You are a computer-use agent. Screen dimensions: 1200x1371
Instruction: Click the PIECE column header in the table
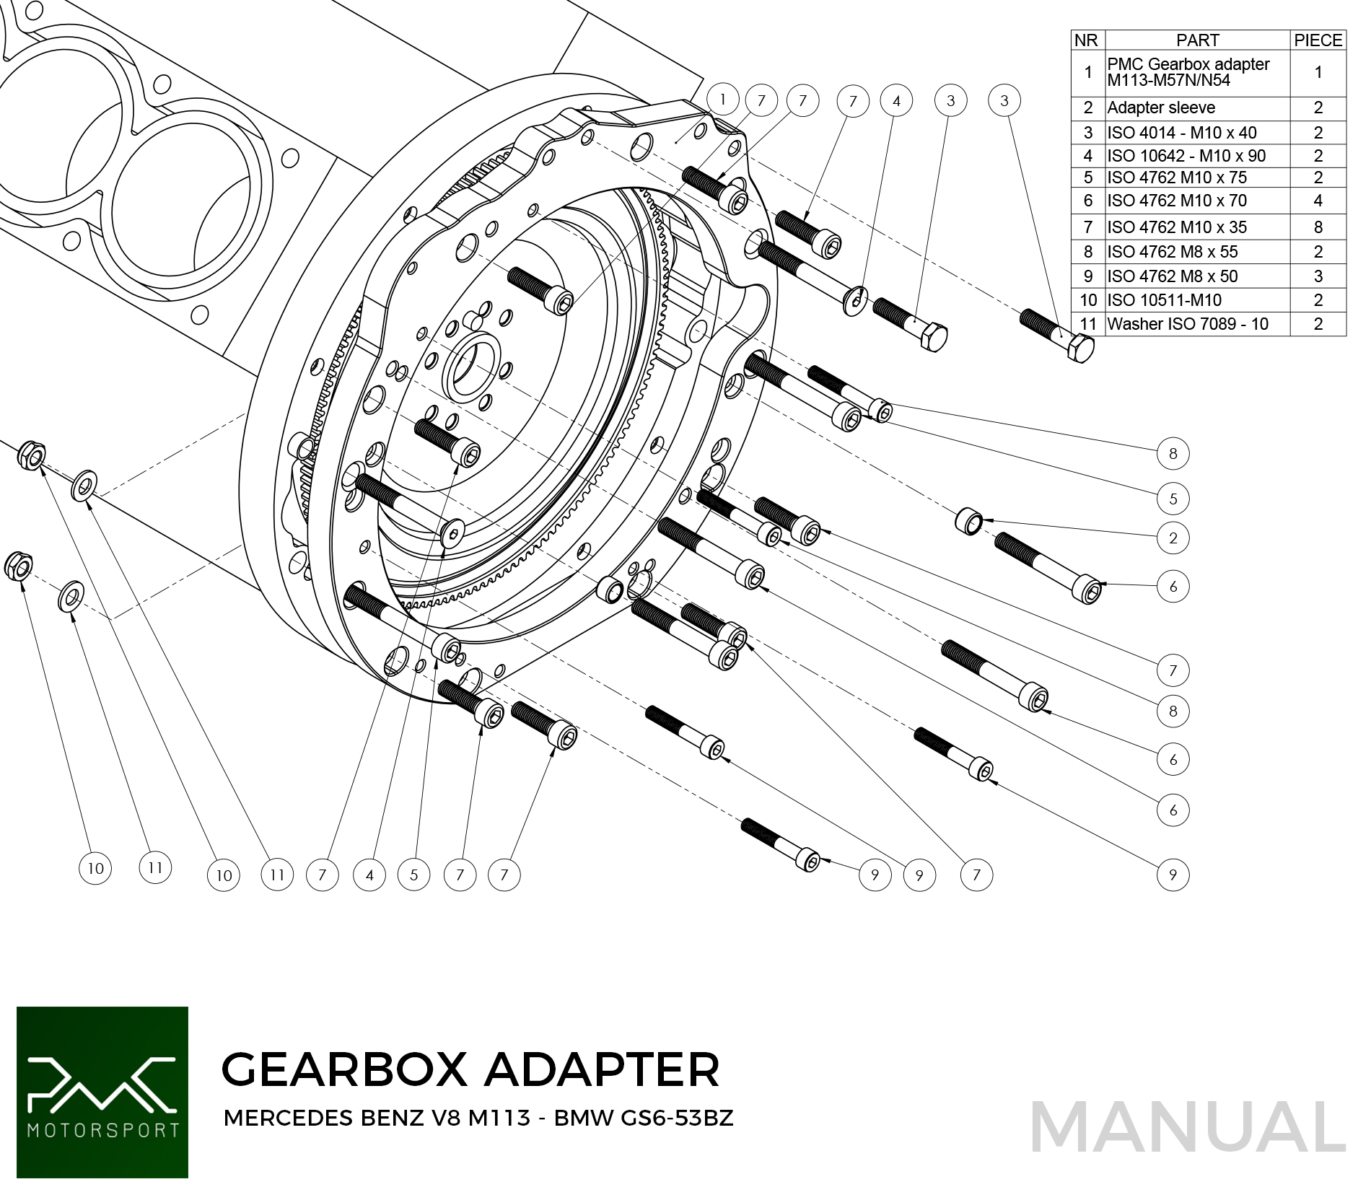1318,40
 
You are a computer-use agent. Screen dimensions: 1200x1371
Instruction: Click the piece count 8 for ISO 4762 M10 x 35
1318,227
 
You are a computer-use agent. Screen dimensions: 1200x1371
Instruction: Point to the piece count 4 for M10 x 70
1318,201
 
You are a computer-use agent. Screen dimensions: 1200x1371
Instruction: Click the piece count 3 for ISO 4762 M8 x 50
1318,276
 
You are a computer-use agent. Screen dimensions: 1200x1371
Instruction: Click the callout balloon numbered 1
722,100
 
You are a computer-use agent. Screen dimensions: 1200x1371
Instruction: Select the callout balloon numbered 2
1173,538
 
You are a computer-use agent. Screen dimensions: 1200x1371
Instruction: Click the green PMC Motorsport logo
102,1092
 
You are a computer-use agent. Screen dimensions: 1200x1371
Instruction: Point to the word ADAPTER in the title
602,1069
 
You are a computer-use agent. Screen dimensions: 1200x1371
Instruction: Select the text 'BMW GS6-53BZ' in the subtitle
643,1118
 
